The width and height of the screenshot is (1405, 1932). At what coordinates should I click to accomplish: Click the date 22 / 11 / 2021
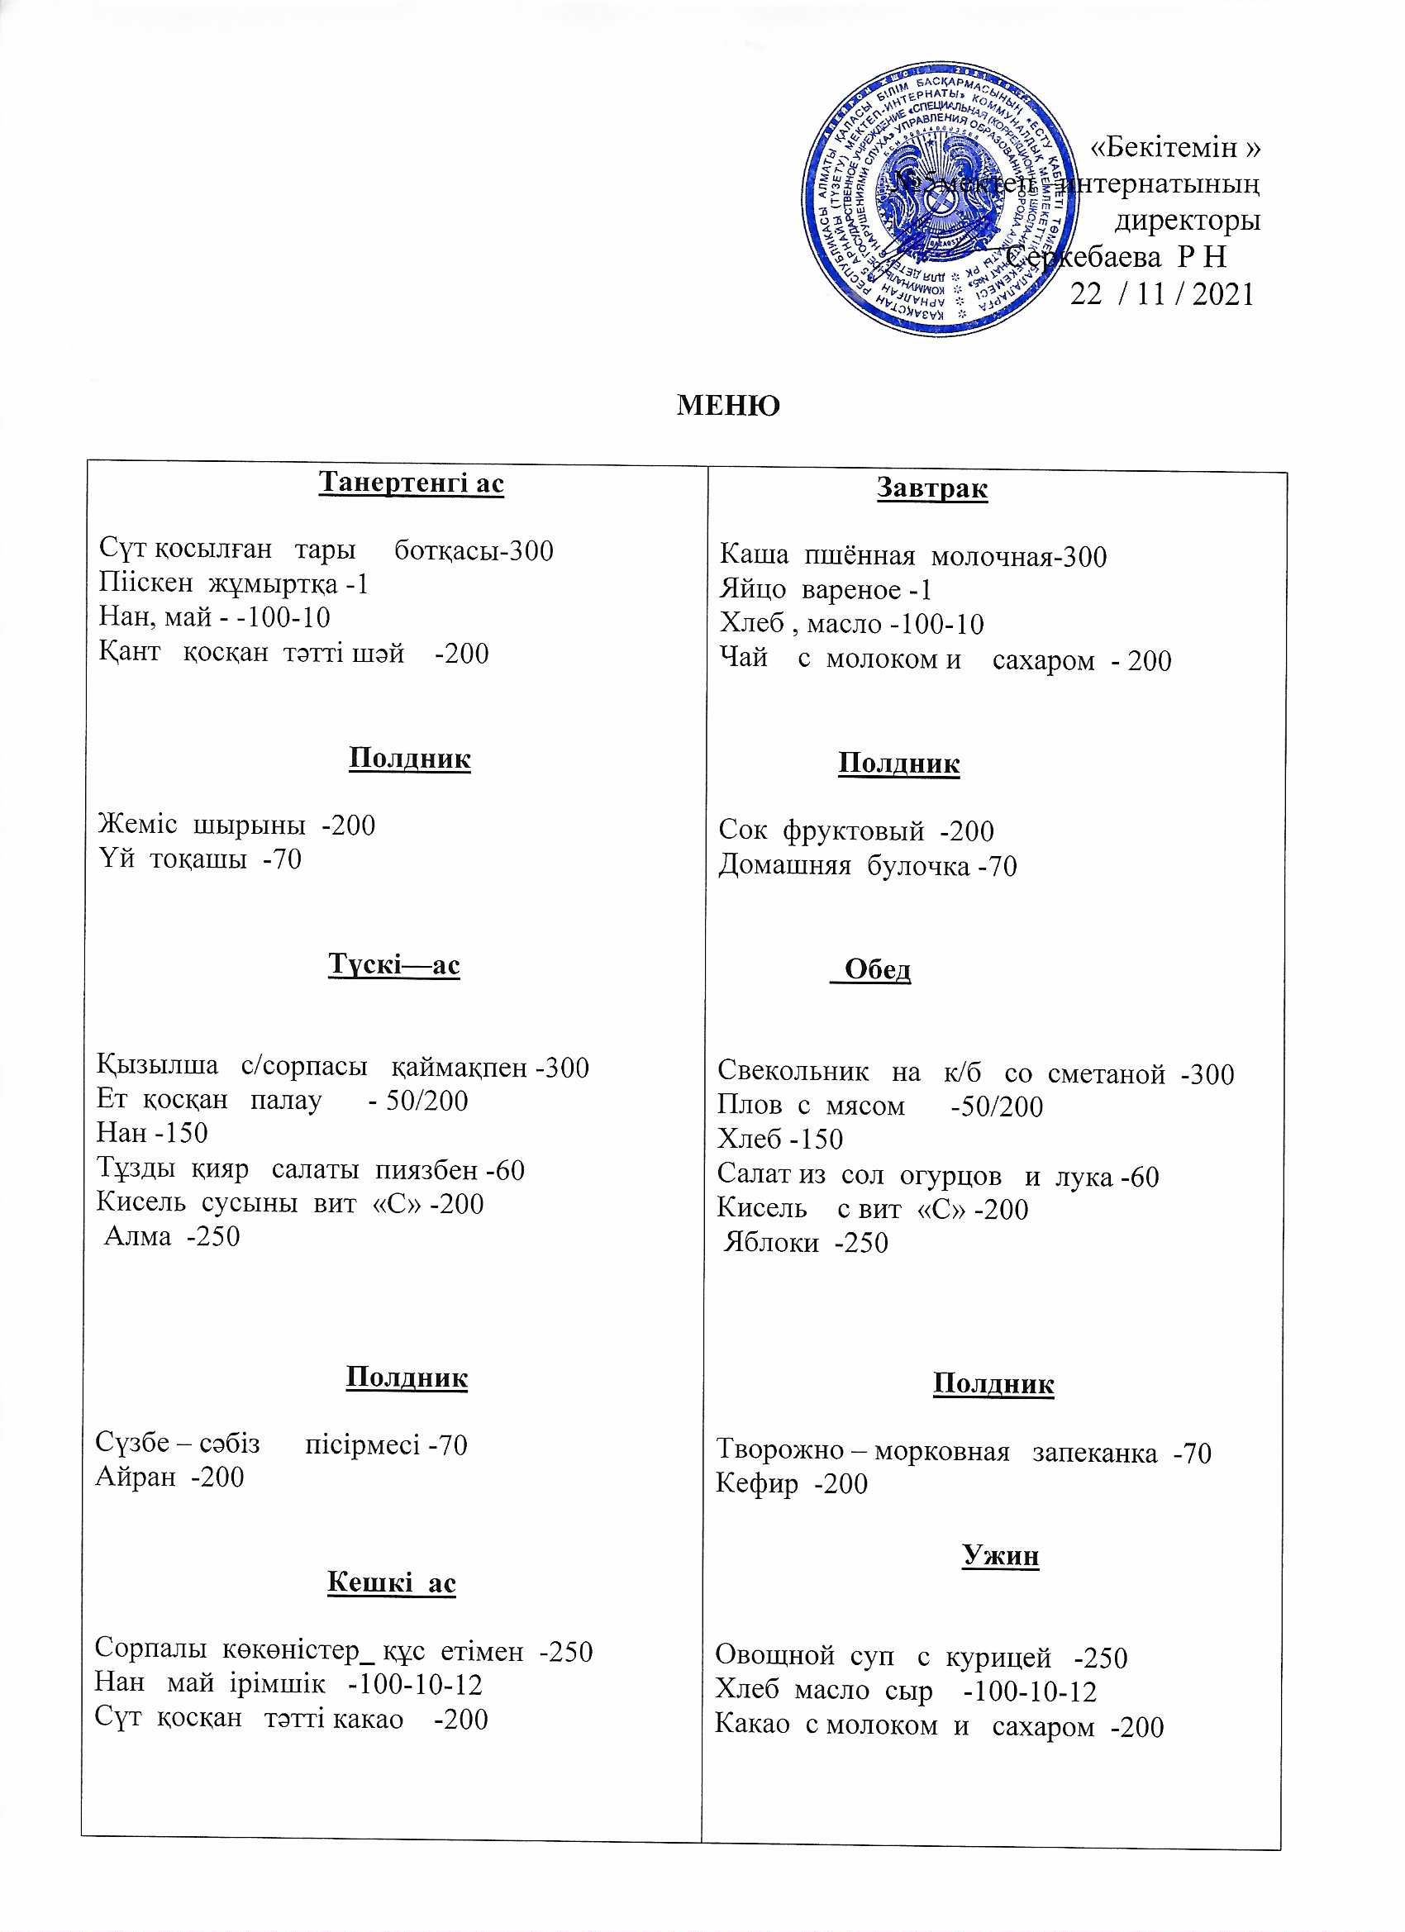point(1161,295)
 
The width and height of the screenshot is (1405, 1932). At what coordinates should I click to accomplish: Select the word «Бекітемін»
point(1175,147)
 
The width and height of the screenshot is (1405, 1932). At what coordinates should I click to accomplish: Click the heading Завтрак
point(932,489)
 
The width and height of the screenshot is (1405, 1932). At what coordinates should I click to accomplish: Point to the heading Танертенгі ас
point(411,483)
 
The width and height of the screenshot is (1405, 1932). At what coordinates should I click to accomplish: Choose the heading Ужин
point(1000,1555)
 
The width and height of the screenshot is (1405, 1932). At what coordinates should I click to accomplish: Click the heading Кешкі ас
point(391,1582)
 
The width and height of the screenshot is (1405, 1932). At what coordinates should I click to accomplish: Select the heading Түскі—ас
point(393,965)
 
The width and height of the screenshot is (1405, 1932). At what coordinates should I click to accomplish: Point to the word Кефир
point(756,1484)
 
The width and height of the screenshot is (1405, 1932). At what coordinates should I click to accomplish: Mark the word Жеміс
point(137,825)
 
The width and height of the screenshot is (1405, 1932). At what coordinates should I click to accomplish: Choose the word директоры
point(1187,221)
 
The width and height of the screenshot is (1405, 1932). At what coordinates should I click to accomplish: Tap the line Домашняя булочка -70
point(867,866)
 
